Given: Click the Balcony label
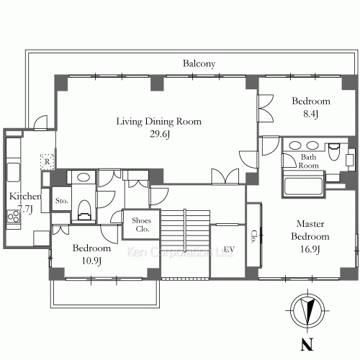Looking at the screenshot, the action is click(x=199, y=64).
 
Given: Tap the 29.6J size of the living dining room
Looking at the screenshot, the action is click(x=160, y=134).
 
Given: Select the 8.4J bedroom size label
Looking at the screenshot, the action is click(x=311, y=114).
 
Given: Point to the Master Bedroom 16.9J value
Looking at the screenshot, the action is click(x=310, y=249).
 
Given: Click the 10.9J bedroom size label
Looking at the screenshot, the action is click(x=91, y=261).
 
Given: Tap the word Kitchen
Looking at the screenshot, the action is click(x=25, y=197).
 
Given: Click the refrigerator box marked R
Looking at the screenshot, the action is click(x=47, y=161).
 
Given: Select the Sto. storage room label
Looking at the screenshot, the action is click(x=62, y=201).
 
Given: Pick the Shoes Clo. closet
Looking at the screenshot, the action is click(x=141, y=225).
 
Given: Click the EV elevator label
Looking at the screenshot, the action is click(x=229, y=250).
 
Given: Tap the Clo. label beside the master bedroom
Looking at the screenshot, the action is click(x=254, y=237).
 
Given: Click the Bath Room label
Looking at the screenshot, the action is click(x=308, y=161).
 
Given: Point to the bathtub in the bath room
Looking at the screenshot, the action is click(x=303, y=186).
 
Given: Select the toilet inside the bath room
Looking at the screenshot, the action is click(x=334, y=151).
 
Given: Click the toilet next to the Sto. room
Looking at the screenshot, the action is click(x=84, y=210).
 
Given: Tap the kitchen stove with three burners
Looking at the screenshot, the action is click(x=14, y=216).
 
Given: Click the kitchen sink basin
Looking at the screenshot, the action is click(x=14, y=172).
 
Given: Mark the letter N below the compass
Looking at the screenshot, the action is click(x=307, y=344).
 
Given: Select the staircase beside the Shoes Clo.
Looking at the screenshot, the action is click(x=185, y=230).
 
